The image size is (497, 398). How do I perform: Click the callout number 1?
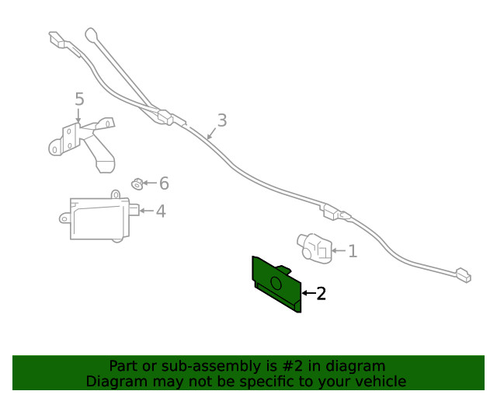pyautogui.click(x=352, y=250)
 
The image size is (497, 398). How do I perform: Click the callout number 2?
pyautogui.click(x=321, y=293)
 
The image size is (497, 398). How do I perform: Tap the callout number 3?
pyautogui.click(x=222, y=120)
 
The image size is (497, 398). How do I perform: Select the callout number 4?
pyautogui.click(x=160, y=211)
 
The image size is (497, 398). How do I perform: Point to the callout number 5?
pyautogui.click(x=79, y=99)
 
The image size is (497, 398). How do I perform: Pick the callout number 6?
pyautogui.click(x=164, y=183)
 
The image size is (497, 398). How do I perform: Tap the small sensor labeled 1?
pyautogui.click(x=315, y=246)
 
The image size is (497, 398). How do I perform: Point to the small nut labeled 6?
pyautogui.click(x=136, y=183)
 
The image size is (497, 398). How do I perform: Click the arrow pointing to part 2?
pyautogui.click(x=308, y=293)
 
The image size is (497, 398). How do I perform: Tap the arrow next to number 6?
pyautogui.click(x=150, y=183)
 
